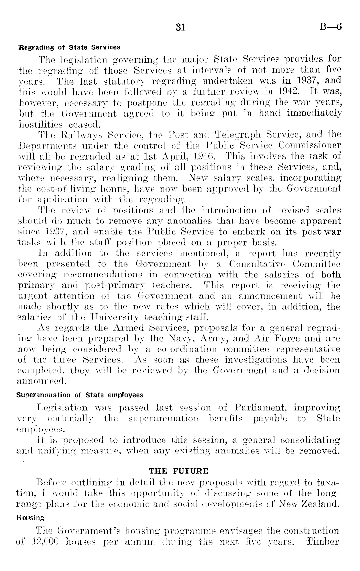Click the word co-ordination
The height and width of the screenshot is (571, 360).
[x=186, y=349]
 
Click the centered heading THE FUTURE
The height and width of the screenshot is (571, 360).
[x=180, y=471]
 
